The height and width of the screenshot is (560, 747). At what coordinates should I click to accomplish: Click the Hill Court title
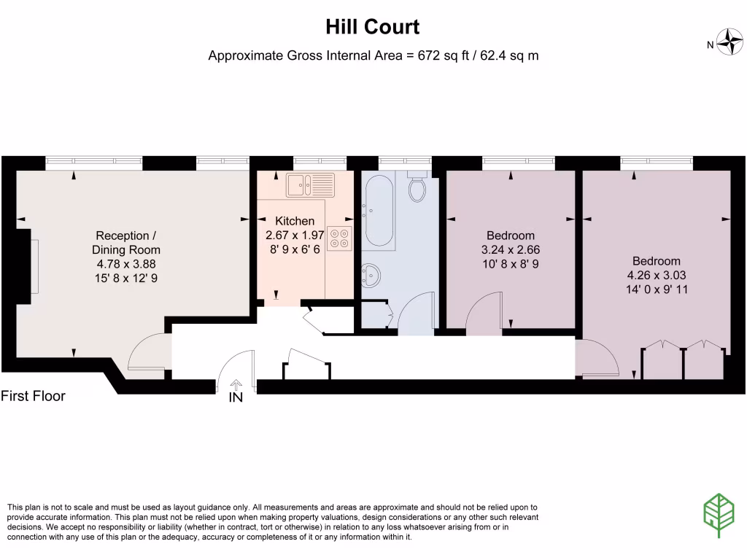tap(373, 28)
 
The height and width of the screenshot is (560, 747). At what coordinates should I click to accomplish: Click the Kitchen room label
tap(295, 221)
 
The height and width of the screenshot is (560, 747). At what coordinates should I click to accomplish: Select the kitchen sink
tap(310, 185)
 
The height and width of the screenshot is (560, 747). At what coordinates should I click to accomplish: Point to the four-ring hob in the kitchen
tap(338, 238)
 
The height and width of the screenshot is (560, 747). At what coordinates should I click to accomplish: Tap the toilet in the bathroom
tap(417, 187)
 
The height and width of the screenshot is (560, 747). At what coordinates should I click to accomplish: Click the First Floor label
tap(33, 396)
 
